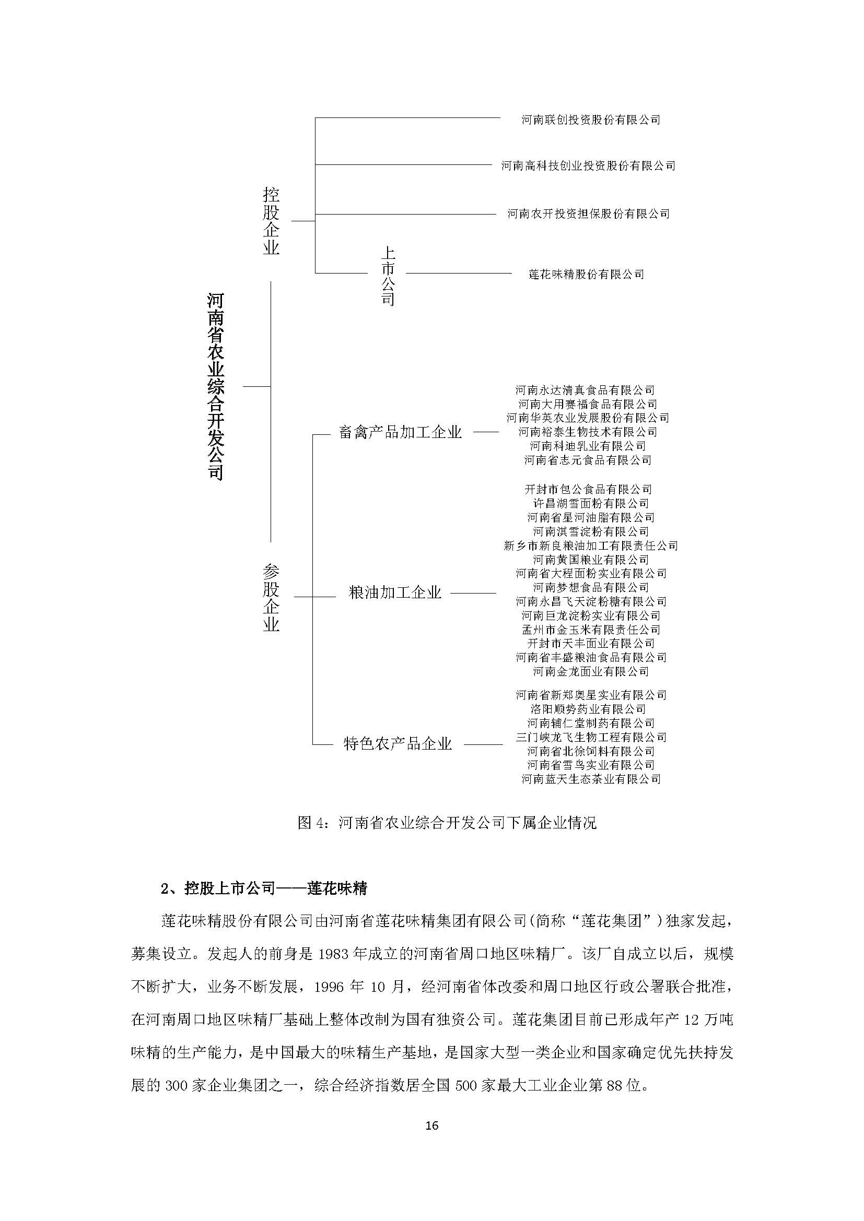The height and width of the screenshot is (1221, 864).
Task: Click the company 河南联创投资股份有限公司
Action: tap(591, 120)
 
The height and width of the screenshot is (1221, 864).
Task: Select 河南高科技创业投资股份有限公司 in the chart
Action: tap(588, 166)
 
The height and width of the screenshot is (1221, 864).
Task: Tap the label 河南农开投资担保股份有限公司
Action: tap(588, 214)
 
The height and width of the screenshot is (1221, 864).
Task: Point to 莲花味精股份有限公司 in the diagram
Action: tap(586, 275)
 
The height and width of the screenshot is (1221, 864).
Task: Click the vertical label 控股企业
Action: tap(271, 221)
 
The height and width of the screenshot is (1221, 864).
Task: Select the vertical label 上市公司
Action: tap(388, 276)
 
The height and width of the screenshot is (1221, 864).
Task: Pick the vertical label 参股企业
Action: tap(271, 598)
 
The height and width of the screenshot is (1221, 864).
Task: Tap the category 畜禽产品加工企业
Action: tap(400, 432)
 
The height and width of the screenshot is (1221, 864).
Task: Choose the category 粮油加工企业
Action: tap(395, 592)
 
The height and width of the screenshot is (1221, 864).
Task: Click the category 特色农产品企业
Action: tap(398, 743)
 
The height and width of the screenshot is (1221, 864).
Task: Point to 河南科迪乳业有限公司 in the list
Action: tap(588, 446)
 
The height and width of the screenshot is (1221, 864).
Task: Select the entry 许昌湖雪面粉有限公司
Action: tap(591, 503)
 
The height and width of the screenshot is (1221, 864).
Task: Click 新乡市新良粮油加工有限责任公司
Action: tap(591, 545)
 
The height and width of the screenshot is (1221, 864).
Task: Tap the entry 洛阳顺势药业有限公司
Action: tap(588, 709)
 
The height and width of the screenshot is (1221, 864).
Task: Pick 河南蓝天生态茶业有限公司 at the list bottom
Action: tap(591, 779)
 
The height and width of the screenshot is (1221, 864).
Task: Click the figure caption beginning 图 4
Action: tap(447, 823)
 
